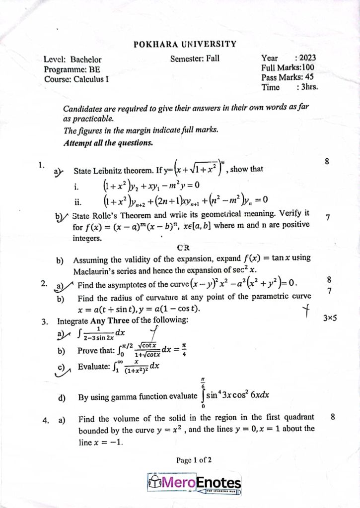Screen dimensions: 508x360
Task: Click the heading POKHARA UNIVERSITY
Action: coord(185,44)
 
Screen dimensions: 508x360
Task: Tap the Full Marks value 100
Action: coord(307,67)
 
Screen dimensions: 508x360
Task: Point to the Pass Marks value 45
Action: coord(309,77)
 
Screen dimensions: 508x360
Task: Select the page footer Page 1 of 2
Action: coord(194,460)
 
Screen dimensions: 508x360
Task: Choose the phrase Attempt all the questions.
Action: coord(108,143)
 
